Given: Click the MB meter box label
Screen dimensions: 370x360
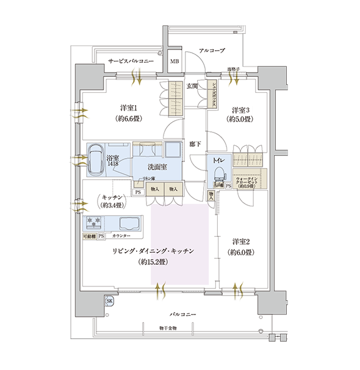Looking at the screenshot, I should (175, 62).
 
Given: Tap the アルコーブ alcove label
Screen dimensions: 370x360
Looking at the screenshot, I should (212, 50).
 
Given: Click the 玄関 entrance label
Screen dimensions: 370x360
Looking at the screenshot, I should (192, 86).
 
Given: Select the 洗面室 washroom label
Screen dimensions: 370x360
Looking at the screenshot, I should (157, 167).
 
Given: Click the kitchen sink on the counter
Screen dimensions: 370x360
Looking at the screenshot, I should (129, 223).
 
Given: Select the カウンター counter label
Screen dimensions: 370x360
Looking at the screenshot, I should (121, 235).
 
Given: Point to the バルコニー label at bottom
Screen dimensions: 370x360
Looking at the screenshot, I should (183, 314).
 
